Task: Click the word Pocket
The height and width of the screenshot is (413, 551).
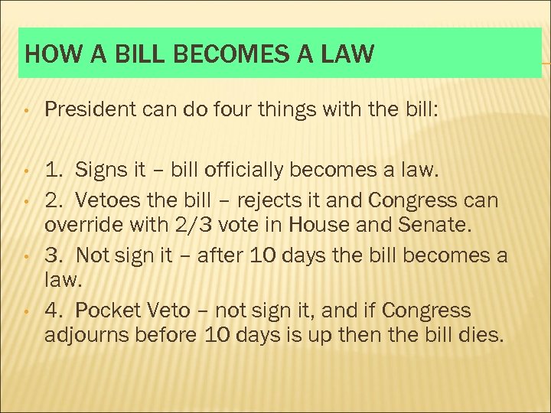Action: (x=115, y=311)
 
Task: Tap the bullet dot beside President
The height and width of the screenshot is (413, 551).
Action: (x=26, y=112)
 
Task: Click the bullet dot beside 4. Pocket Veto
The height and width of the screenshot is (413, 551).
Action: (x=26, y=312)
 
